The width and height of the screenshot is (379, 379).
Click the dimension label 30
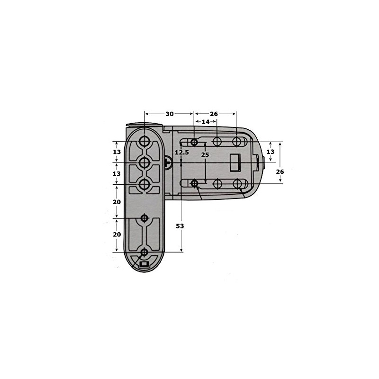(170, 114)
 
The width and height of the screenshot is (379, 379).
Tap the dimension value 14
(206, 122)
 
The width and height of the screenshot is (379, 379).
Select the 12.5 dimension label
(182, 153)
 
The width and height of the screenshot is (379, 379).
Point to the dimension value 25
(205, 154)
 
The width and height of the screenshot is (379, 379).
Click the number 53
(180, 226)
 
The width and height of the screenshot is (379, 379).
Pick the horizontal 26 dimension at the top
(214, 114)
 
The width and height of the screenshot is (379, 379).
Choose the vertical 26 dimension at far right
(280, 172)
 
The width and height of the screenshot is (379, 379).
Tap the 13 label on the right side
(271, 152)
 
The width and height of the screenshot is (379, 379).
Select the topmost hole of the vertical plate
(144, 141)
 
